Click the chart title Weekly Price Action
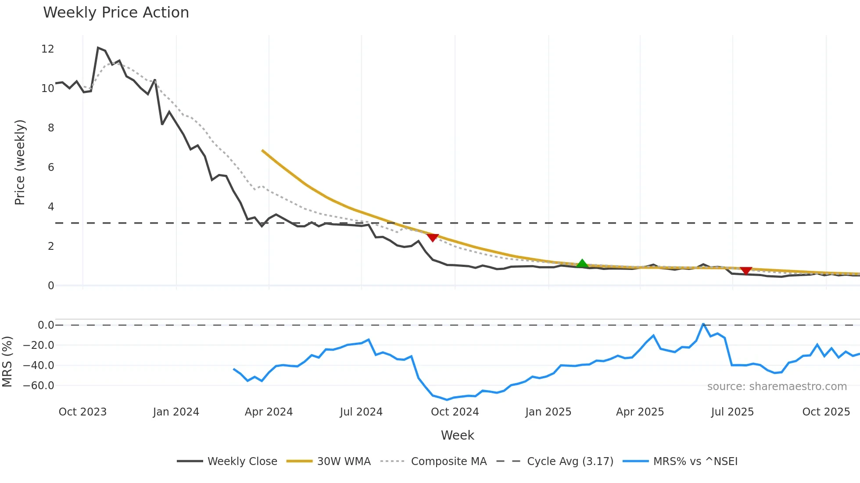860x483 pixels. point(116,13)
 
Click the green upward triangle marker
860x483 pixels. point(582,264)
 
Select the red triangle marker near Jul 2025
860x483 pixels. point(746,270)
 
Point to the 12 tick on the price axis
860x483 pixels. point(47,49)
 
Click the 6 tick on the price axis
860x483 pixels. point(51,167)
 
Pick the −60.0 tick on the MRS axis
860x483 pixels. point(39,386)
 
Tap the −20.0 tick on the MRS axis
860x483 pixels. point(39,345)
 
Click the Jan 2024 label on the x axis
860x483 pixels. point(176,412)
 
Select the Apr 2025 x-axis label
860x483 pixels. point(640,412)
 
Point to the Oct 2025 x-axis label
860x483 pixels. point(826,412)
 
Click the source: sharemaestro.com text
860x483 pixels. point(777,387)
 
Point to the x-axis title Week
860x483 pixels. point(457,435)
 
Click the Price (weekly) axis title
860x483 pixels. point(20,162)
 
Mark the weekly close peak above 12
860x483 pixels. point(98,48)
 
